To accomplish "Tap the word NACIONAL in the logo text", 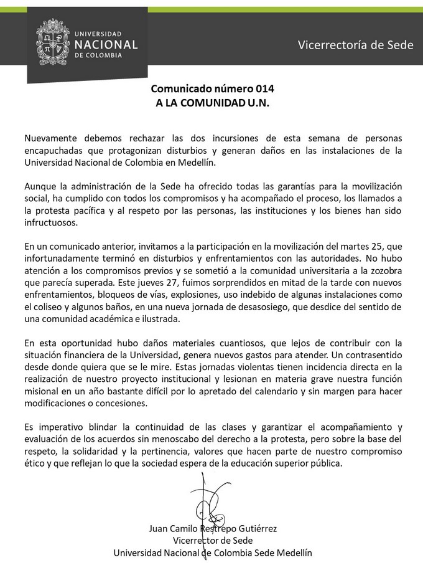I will (105, 44).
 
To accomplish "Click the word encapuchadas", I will (54, 150).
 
